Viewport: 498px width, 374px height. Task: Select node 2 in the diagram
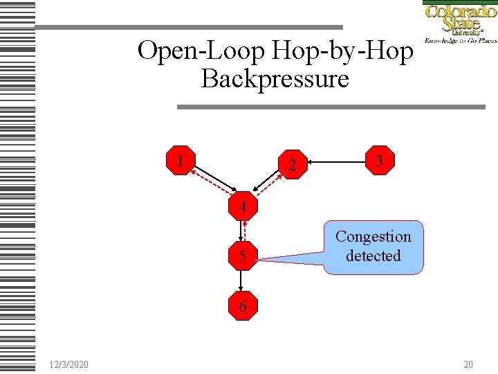(293, 164)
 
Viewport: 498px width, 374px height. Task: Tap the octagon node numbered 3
(379, 161)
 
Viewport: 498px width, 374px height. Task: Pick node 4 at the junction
(242, 206)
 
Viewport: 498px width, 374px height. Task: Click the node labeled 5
(242, 256)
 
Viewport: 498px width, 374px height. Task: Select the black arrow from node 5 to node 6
(242, 281)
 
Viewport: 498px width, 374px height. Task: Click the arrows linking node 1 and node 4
(212, 183)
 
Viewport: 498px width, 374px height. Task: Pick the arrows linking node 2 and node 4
(269, 184)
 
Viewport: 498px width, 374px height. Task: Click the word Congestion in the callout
(373, 237)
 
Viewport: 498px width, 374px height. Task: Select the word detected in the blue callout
(373, 256)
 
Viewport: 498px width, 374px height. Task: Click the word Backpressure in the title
(275, 79)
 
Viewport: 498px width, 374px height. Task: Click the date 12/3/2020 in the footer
(68, 364)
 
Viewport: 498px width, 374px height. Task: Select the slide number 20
(468, 364)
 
